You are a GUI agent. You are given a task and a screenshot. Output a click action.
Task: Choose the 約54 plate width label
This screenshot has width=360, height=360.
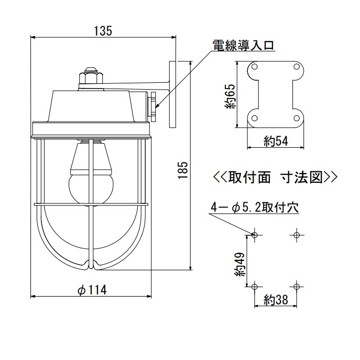point(275,140)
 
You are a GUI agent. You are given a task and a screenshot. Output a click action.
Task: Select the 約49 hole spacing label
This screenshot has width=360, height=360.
point(240,264)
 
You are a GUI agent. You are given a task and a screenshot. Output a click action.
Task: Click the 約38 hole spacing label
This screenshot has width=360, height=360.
point(275,300)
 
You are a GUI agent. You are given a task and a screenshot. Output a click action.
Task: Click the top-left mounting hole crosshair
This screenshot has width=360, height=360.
point(255,234)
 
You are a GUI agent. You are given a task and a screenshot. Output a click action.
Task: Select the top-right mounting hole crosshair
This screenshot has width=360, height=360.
point(297,234)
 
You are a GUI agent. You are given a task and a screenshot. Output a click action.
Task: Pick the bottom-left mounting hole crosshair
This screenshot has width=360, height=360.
point(255,286)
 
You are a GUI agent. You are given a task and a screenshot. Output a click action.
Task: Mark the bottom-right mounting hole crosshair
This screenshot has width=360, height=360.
point(297,286)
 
